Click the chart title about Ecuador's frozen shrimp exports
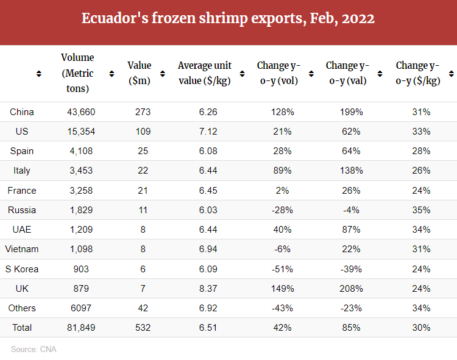[x=228, y=18]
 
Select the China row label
[x=22, y=112]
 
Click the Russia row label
[x=22, y=210]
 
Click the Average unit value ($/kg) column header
[x=204, y=73]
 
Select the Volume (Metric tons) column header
[x=77, y=73]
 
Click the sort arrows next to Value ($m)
[x=163, y=74]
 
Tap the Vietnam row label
[x=22, y=249]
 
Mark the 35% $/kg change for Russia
[x=421, y=210]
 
